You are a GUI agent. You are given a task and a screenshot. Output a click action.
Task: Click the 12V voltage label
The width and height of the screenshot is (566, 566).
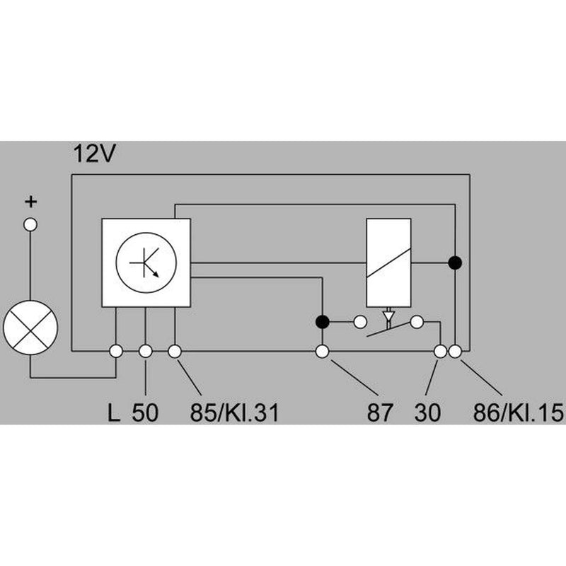click(94, 154)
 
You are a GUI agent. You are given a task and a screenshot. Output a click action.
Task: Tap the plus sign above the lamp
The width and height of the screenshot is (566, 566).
click(31, 202)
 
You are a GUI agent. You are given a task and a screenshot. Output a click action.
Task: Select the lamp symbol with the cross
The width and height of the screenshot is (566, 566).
click(30, 328)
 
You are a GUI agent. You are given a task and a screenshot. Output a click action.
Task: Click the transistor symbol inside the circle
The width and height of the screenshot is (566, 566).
click(146, 262)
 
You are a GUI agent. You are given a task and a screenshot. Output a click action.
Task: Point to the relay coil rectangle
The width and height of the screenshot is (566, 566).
click(388, 262)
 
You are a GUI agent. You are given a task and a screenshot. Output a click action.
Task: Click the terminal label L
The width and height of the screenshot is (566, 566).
click(114, 412)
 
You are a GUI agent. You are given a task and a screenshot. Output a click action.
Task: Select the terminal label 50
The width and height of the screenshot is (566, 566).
click(145, 412)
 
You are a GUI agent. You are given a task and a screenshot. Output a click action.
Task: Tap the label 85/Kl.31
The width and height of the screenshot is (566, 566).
click(235, 412)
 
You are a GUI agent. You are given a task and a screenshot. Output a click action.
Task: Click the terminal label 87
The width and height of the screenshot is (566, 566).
click(379, 412)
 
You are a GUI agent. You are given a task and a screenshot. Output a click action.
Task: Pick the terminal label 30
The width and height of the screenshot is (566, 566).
click(428, 412)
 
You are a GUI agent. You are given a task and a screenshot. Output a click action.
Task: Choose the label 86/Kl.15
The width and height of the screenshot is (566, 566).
click(519, 412)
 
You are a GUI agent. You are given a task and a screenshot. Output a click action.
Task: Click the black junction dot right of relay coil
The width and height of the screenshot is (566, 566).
click(455, 262)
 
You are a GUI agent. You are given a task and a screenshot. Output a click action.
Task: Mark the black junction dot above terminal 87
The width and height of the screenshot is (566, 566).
click(323, 322)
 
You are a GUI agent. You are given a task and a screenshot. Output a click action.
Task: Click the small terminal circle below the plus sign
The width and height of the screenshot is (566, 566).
click(30, 225)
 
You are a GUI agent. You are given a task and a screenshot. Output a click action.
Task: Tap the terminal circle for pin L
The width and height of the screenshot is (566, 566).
click(116, 351)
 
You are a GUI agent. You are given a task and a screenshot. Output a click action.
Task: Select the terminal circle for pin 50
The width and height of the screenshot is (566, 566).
click(146, 351)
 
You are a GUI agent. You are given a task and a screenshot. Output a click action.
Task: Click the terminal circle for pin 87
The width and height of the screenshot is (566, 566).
click(323, 351)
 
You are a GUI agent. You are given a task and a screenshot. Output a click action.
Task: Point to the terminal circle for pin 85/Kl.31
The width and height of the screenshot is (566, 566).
click(175, 351)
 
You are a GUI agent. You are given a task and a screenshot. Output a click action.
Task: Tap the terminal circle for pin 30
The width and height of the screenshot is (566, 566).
click(440, 351)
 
